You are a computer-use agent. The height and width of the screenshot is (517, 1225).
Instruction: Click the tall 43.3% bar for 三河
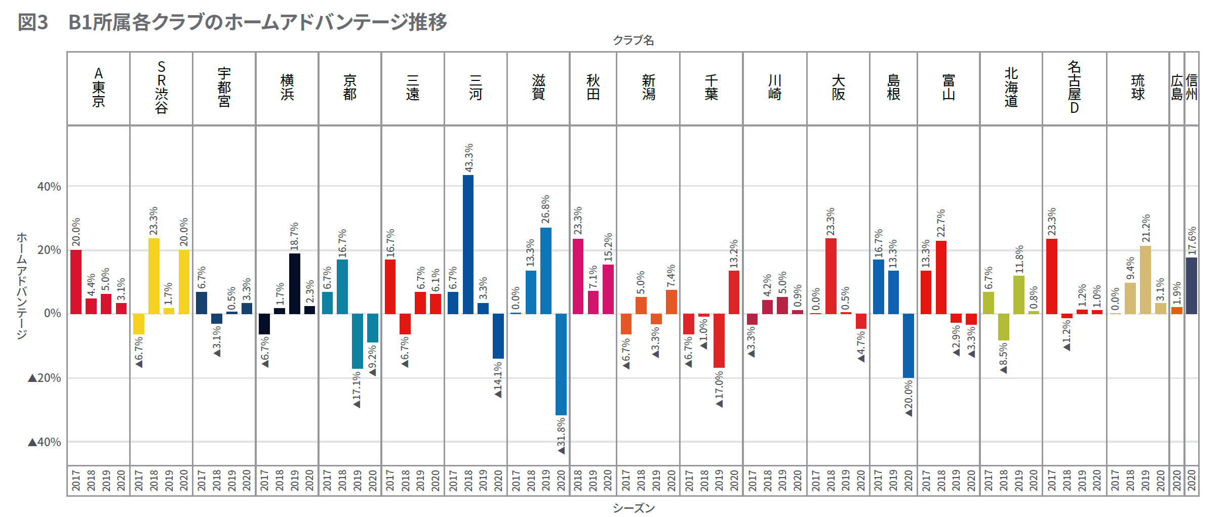click(468, 244)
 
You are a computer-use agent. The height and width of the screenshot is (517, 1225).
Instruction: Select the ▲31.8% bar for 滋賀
click(561, 364)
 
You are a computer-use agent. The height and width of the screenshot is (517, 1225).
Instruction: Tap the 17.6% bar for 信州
click(1192, 286)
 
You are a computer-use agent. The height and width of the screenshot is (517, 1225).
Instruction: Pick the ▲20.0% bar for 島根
click(908, 346)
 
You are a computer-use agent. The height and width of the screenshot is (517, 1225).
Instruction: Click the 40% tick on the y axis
click(49, 187)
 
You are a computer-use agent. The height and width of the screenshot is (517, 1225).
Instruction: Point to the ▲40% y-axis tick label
click(45, 442)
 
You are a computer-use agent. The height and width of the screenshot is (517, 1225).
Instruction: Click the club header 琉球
click(1137, 88)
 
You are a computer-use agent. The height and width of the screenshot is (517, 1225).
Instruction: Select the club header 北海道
click(1011, 88)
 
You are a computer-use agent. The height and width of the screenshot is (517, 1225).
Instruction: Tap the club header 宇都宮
click(224, 88)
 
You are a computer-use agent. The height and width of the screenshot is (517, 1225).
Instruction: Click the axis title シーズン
click(634, 508)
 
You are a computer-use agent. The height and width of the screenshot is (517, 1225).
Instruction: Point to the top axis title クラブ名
click(634, 40)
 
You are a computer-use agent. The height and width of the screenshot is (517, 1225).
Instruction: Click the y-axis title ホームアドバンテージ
click(22, 286)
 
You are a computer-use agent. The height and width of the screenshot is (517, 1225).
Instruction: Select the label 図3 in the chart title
click(33, 22)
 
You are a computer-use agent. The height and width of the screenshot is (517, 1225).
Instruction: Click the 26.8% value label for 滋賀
click(545, 209)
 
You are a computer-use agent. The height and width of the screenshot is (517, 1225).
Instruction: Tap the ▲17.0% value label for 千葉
click(719, 389)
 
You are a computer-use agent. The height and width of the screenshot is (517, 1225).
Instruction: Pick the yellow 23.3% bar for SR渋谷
click(153, 276)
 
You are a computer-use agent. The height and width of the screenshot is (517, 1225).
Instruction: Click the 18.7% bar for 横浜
click(294, 283)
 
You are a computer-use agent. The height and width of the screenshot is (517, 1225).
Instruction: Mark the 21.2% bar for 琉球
click(1145, 280)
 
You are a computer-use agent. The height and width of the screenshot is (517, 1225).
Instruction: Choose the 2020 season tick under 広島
click(1176, 480)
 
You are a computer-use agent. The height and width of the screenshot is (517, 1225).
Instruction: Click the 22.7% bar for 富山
click(941, 277)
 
